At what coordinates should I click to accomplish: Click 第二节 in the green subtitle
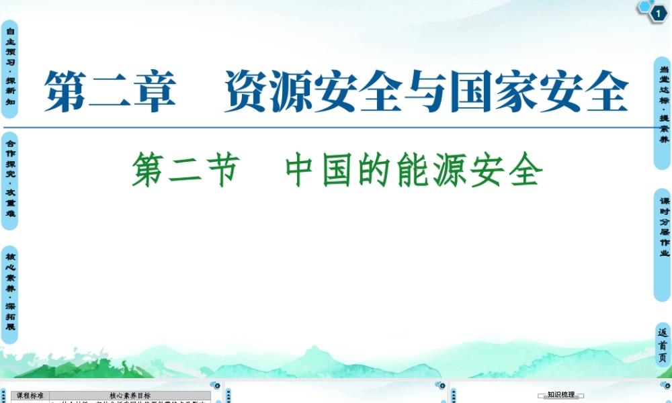185,171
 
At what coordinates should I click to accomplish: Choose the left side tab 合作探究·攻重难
10,177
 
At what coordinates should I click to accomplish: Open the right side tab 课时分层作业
663,227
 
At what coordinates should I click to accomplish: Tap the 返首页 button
663,345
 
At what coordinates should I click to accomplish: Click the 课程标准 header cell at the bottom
30,396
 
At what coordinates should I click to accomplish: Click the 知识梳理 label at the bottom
560,395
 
